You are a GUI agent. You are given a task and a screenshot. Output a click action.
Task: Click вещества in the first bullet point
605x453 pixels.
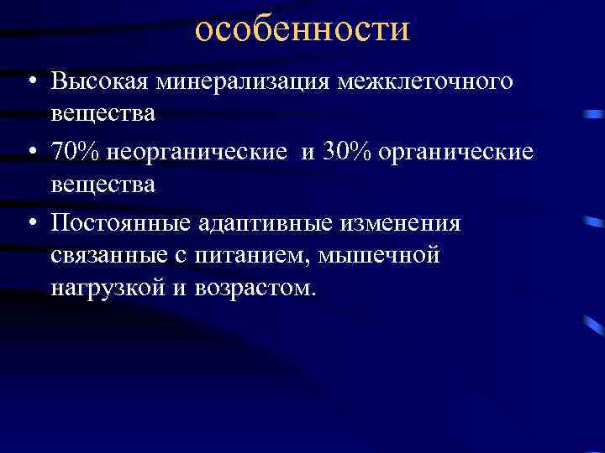103,113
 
